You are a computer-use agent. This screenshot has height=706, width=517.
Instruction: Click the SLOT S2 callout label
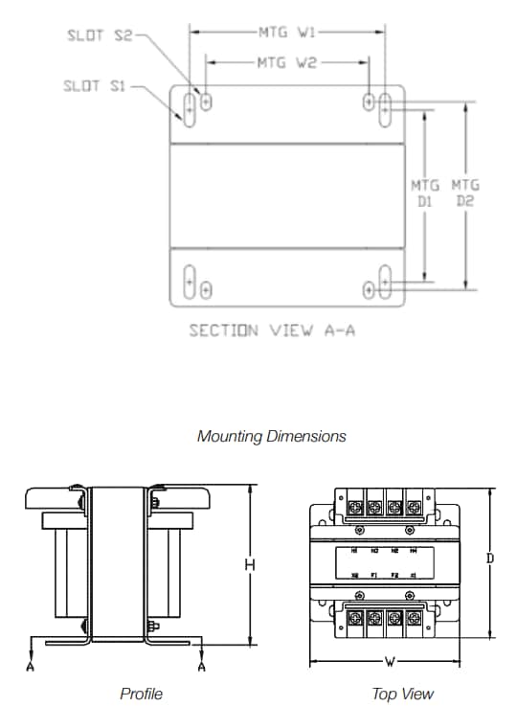100,35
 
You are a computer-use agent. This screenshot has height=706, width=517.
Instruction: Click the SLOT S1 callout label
95,86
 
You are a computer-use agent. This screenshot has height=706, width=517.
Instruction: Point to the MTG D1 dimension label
425,193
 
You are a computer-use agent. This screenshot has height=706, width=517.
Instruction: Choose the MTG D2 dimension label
466,193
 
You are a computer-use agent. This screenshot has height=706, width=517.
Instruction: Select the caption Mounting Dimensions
271,436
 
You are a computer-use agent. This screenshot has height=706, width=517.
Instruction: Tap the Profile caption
141,694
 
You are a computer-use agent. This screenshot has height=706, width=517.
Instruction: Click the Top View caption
402,694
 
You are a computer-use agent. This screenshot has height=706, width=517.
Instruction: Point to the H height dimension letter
249,566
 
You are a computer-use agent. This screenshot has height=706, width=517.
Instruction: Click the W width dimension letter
390,662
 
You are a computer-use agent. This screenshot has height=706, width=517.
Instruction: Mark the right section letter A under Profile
202,665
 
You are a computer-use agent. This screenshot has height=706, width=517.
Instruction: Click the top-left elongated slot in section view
190,106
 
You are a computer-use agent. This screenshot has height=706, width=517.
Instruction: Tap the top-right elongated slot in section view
385,106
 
